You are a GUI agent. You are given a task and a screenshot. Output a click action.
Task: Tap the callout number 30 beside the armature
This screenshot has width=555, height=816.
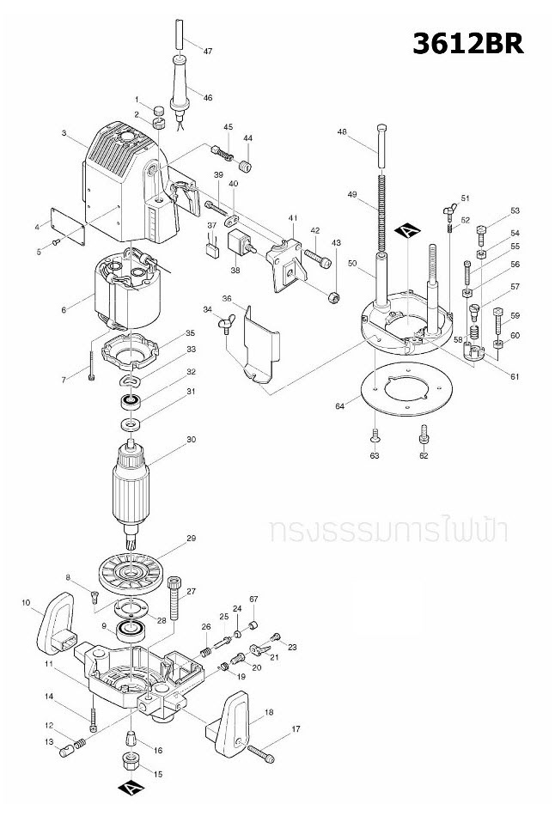(192, 439)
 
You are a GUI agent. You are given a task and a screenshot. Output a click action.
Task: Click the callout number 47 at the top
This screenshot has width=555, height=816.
(207, 51)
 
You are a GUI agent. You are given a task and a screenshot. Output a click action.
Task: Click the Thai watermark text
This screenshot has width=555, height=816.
(387, 529)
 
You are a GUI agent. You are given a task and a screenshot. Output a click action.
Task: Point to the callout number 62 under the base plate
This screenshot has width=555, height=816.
(424, 455)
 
